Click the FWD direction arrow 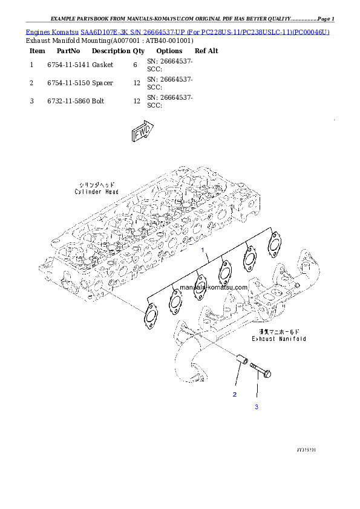tap(143, 133)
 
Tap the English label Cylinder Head tap(97, 192)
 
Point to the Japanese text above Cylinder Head tap(97, 184)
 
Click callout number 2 tap(235, 394)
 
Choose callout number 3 tap(256, 407)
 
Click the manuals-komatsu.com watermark tap(214, 288)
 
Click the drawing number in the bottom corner tap(307, 450)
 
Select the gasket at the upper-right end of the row tap(275, 240)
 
